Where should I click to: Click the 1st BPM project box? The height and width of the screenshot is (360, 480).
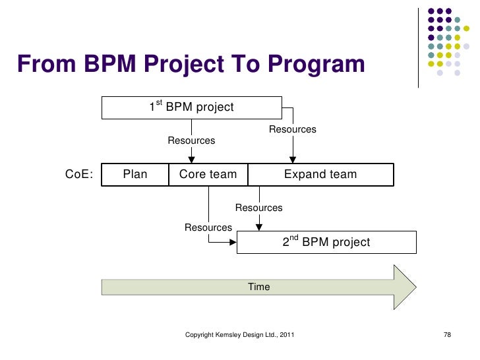(191, 107)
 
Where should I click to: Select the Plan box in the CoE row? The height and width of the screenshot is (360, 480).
(135, 175)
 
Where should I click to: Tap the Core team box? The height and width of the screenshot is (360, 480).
(208, 175)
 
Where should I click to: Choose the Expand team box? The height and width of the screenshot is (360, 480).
(320, 175)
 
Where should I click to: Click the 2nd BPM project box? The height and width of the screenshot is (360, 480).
(326, 242)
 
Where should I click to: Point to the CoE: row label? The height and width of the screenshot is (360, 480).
(79, 175)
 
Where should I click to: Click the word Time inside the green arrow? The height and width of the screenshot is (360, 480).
(259, 287)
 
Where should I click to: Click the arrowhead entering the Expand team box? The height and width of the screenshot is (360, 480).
(293, 160)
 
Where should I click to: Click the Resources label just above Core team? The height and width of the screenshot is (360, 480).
(191, 140)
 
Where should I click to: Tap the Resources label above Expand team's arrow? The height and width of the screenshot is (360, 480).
(292, 129)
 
